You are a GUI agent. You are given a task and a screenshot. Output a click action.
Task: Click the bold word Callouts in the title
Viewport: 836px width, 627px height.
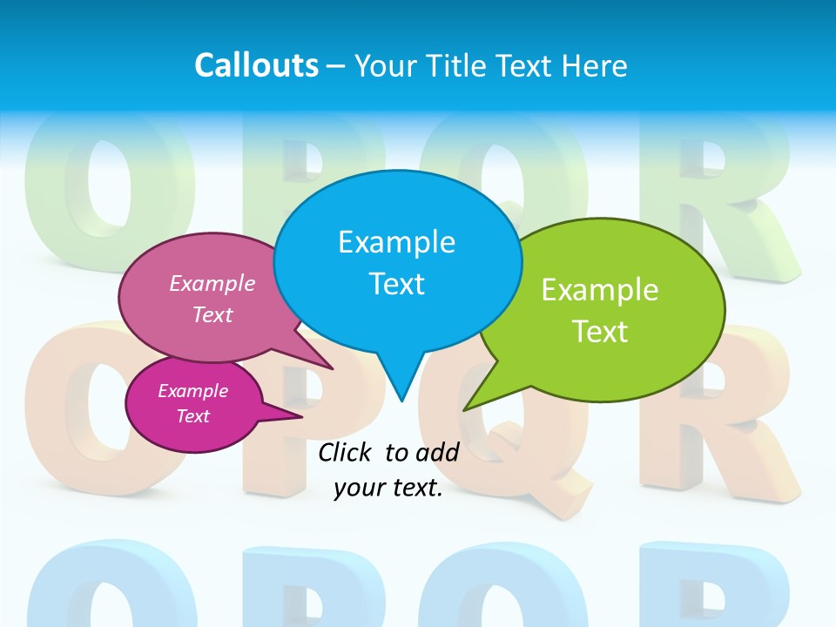click(x=256, y=65)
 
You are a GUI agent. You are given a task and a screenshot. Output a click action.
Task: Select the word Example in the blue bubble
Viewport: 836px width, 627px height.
click(x=396, y=242)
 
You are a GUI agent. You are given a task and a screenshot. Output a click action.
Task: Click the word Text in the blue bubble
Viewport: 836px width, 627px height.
click(x=396, y=284)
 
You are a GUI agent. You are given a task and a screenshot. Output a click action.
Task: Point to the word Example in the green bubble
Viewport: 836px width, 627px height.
click(x=600, y=290)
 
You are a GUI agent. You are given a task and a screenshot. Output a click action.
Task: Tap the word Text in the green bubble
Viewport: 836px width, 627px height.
click(x=600, y=331)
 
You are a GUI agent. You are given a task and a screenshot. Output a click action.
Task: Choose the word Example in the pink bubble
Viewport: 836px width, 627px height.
click(x=212, y=283)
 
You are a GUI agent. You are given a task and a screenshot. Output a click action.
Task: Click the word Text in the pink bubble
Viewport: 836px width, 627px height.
click(x=212, y=314)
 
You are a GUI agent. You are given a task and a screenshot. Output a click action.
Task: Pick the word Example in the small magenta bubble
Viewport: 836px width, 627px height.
click(x=192, y=391)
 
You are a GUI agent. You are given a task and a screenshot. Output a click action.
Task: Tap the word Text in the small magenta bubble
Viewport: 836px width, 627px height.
click(x=192, y=416)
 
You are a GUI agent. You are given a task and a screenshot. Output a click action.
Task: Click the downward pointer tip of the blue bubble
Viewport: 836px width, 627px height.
click(x=401, y=401)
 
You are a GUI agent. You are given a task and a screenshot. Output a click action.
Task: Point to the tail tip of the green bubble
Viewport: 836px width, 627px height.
click(x=464, y=409)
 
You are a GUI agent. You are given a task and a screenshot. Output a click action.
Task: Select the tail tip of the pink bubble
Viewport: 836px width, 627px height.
click(x=332, y=368)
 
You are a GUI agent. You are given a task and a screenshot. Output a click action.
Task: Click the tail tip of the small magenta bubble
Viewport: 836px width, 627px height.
click(x=301, y=416)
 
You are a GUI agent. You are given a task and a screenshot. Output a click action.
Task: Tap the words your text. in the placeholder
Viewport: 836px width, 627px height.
click(x=388, y=488)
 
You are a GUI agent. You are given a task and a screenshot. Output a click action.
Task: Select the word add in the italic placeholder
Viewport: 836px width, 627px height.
click(x=437, y=452)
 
